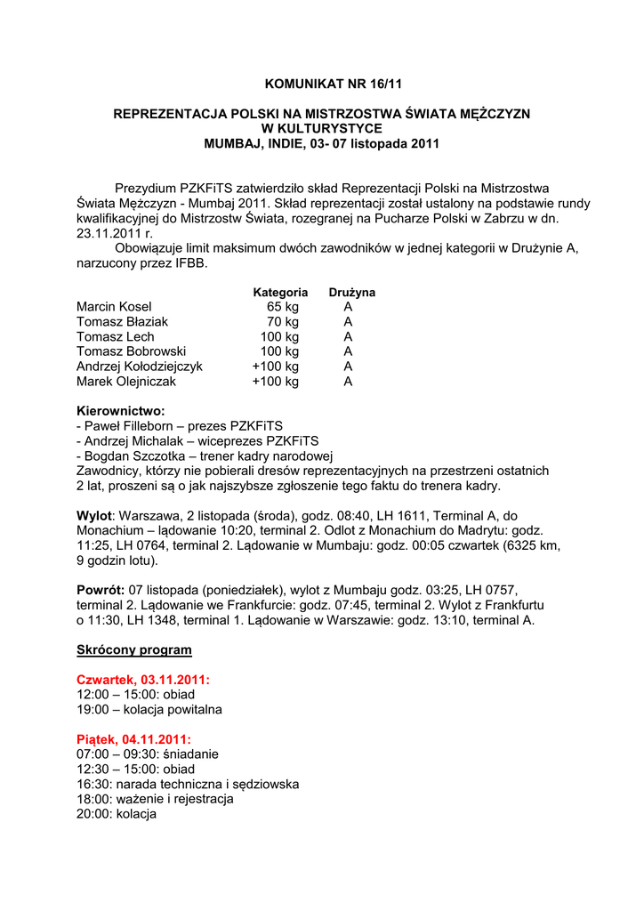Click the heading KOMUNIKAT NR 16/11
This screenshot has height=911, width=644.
tap(321, 85)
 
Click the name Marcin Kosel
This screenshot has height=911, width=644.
tap(115, 307)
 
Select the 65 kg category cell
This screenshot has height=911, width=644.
tap(283, 307)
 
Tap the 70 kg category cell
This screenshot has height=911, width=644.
tap(283, 322)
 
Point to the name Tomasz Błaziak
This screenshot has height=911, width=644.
tap(122, 322)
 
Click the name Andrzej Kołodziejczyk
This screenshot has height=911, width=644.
tap(140, 367)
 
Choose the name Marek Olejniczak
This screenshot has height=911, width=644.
tap(126, 382)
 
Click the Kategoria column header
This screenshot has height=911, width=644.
tap(280, 292)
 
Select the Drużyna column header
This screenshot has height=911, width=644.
tap(351, 292)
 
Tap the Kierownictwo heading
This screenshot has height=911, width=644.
tap(121, 412)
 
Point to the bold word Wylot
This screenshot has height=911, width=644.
tap(94, 516)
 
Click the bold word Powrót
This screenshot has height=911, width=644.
tap(100, 590)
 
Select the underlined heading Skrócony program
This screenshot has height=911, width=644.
tap(134, 650)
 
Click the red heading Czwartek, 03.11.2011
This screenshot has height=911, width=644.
tap(143, 680)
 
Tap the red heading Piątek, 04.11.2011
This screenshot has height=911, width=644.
tap(133, 739)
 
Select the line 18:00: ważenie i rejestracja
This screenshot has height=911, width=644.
tap(155, 799)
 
